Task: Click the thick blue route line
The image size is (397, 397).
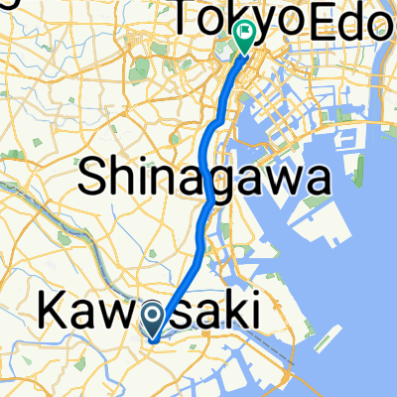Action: pyautogui.click(x=204, y=159)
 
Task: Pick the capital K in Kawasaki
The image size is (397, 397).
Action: pyautogui.click(x=53, y=311)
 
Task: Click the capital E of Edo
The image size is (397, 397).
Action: pyautogui.click(x=322, y=17)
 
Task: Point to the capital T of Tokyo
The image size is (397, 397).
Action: pyautogui.click(x=190, y=17)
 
